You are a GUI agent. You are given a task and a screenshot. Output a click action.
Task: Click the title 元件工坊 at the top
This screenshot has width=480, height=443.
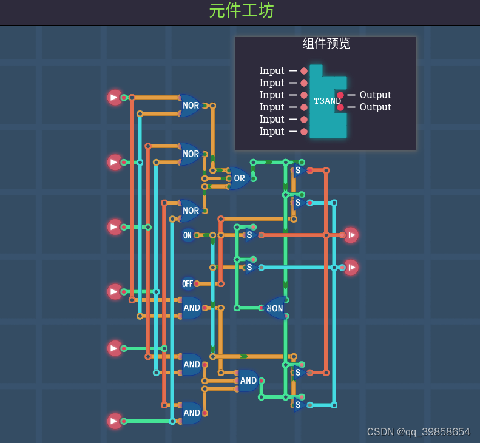click(241, 11)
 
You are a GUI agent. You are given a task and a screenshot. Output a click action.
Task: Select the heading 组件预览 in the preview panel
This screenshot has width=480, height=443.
click(326, 44)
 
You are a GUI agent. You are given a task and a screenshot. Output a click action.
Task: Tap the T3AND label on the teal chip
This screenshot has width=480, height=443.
click(327, 101)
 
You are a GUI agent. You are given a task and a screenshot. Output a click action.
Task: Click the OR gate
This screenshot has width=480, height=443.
click(240, 178)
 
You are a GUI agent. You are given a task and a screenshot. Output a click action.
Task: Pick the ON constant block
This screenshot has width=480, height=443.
click(188, 235)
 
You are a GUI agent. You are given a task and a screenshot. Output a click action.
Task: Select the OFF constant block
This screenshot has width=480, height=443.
click(188, 283)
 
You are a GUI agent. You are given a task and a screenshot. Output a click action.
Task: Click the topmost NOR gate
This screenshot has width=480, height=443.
click(191, 106)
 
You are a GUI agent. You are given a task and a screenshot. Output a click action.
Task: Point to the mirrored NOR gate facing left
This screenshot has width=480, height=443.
click(275, 308)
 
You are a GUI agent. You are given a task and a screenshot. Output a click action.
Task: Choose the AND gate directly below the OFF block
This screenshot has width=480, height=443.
click(192, 308)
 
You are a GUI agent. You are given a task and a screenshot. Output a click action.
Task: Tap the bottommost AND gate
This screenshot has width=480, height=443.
click(192, 413)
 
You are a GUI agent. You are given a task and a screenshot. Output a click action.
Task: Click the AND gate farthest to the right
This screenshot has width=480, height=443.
click(248, 381)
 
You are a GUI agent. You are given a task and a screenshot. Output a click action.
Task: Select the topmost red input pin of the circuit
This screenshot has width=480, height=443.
click(115, 97)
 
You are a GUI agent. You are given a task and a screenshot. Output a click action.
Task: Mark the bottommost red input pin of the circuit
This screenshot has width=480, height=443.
click(115, 421)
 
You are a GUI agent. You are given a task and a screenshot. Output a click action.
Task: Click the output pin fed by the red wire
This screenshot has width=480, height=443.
click(351, 235)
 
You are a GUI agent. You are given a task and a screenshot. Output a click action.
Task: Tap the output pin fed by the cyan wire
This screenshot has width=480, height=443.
click(351, 267)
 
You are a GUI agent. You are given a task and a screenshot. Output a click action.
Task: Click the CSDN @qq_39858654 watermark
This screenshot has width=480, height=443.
click(418, 432)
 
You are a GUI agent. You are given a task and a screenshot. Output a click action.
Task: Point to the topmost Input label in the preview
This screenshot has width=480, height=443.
click(272, 71)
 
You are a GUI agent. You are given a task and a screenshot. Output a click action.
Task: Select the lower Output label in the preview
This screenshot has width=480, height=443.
click(375, 107)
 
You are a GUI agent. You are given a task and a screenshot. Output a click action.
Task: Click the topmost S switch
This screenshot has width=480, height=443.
click(298, 171)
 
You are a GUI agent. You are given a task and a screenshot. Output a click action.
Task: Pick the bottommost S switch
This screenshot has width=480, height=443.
click(298, 405)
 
